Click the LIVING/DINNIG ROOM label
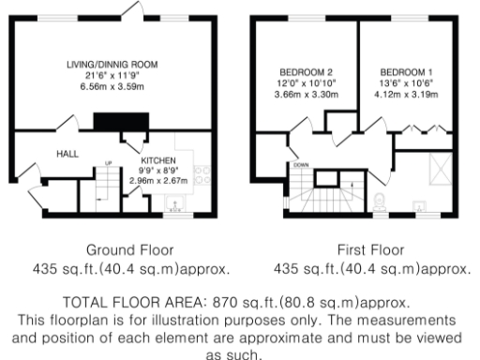pyautogui.click(x=112, y=64)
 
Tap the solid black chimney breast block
pyautogui.click(x=119, y=123)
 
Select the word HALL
pyautogui.click(x=67, y=154)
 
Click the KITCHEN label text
pyautogui.click(x=157, y=161)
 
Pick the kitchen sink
pyautogui.click(x=173, y=209)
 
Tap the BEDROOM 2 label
pyautogui.click(x=306, y=72)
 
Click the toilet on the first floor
pyautogui.click(x=379, y=201)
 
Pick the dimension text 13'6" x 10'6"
pyautogui.click(x=404, y=82)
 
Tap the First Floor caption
pyautogui.click(x=371, y=252)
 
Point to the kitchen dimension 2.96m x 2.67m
pyautogui.click(x=157, y=182)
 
